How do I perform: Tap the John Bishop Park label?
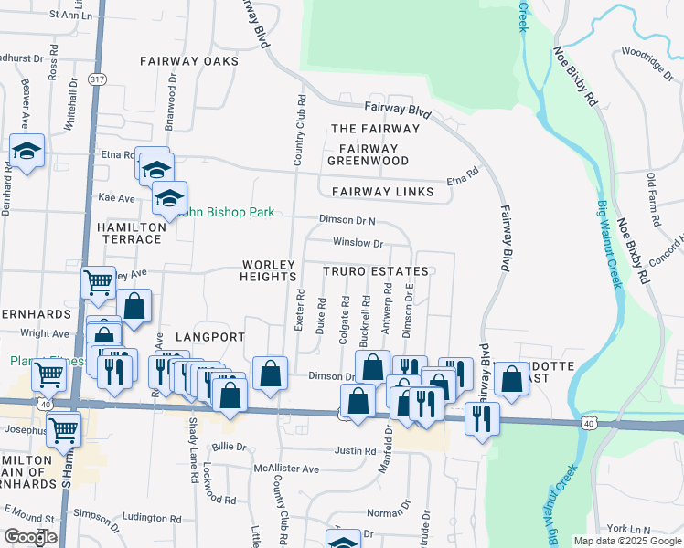pyautogui.click(x=229, y=212)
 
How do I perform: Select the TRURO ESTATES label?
pyautogui.click(x=375, y=272)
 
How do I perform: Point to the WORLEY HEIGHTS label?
pyautogui.click(x=269, y=270)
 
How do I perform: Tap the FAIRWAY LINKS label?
pyautogui.click(x=378, y=192)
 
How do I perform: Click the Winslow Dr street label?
pyautogui.click(x=358, y=243)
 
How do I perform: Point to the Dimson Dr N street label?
pyautogui.click(x=347, y=220)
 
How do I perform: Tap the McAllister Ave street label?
pyautogui.click(x=286, y=469)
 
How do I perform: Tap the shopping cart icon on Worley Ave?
pyautogui.click(x=98, y=281)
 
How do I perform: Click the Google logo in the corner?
pyautogui.click(x=30, y=537)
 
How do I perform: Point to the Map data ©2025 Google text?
pyautogui.click(x=625, y=541)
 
